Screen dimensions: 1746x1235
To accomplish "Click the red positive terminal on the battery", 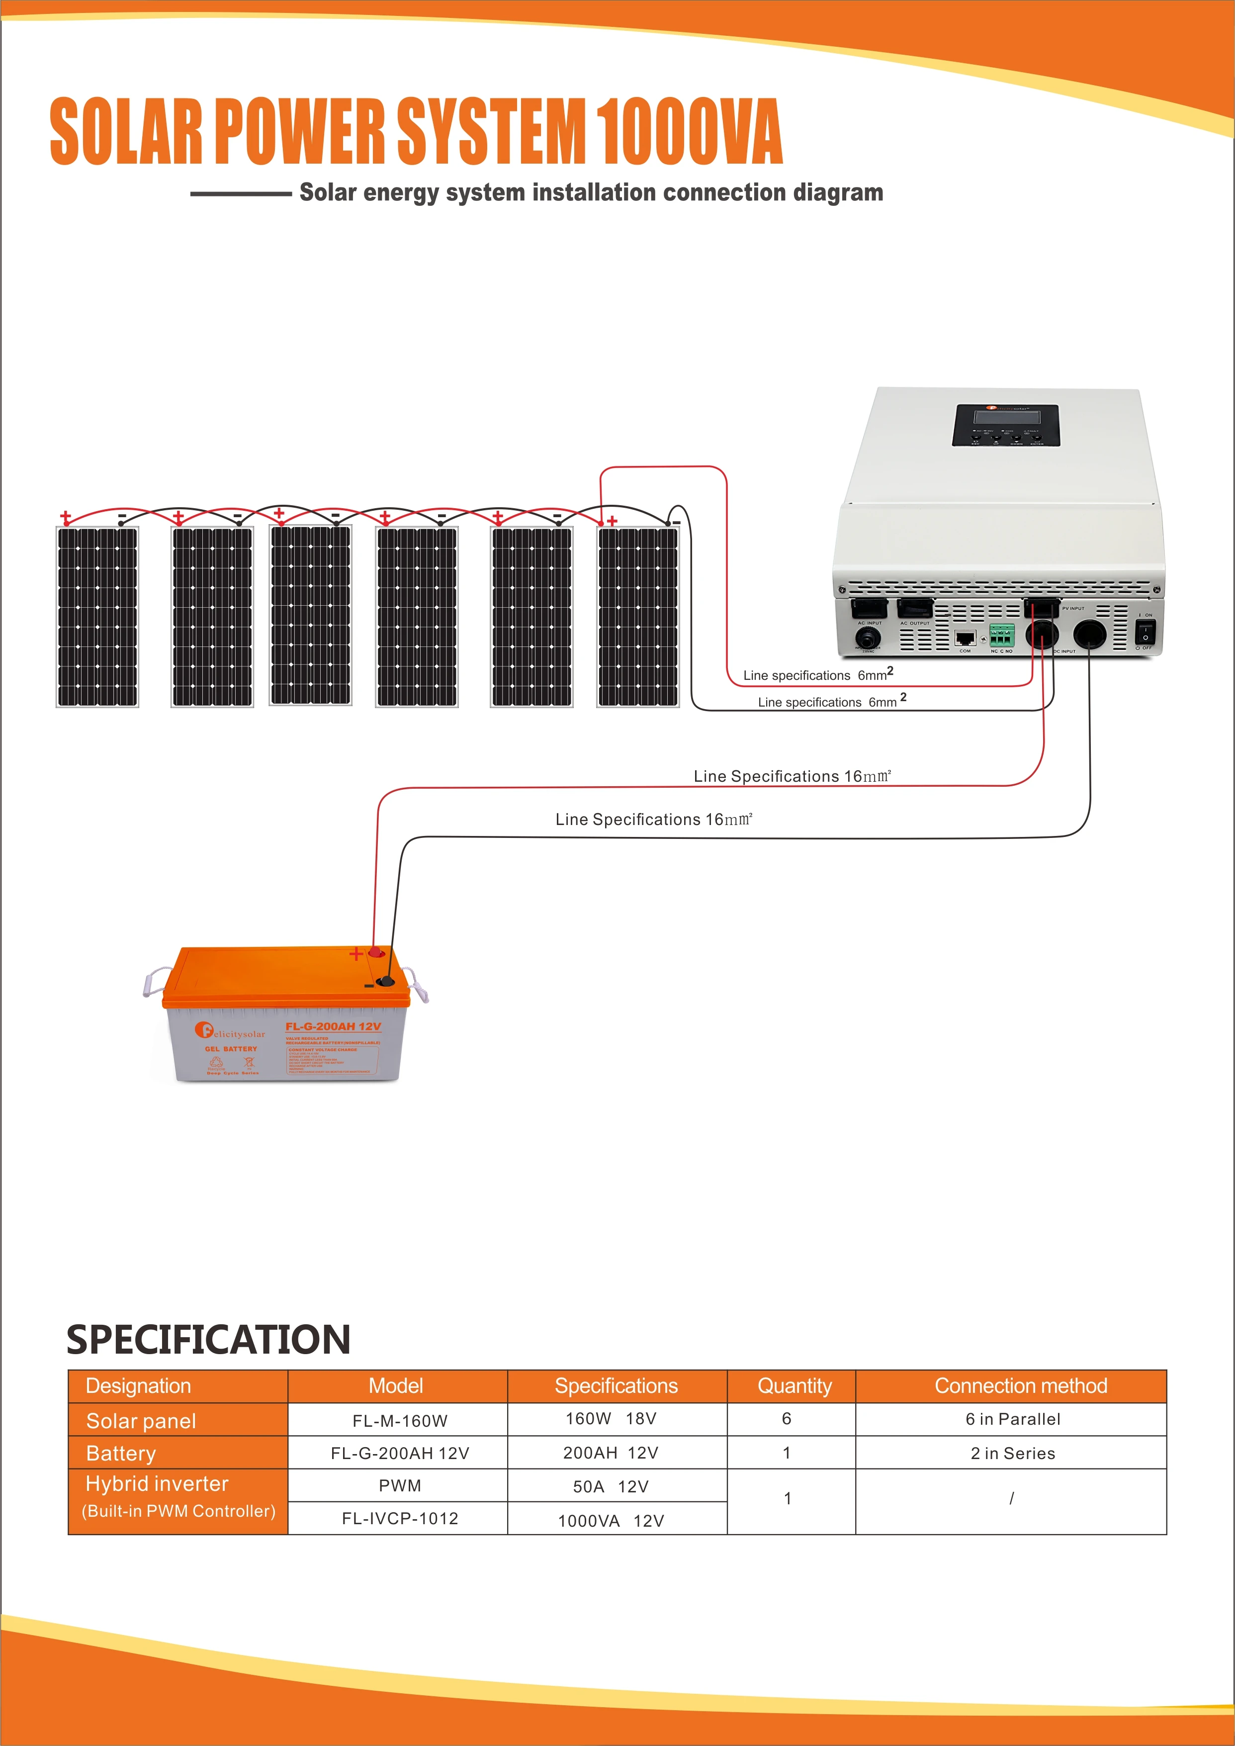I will (x=376, y=952).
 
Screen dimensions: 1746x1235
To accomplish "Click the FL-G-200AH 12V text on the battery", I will (x=333, y=1026).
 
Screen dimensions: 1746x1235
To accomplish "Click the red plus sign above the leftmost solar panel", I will (x=66, y=518).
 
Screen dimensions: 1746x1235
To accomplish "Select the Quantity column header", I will (x=794, y=1385).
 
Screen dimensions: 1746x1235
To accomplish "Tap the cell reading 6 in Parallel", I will (x=1012, y=1419).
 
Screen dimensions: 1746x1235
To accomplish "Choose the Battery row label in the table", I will (x=122, y=1453).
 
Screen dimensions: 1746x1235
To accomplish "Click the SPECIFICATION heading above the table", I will (x=208, y=1340).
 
